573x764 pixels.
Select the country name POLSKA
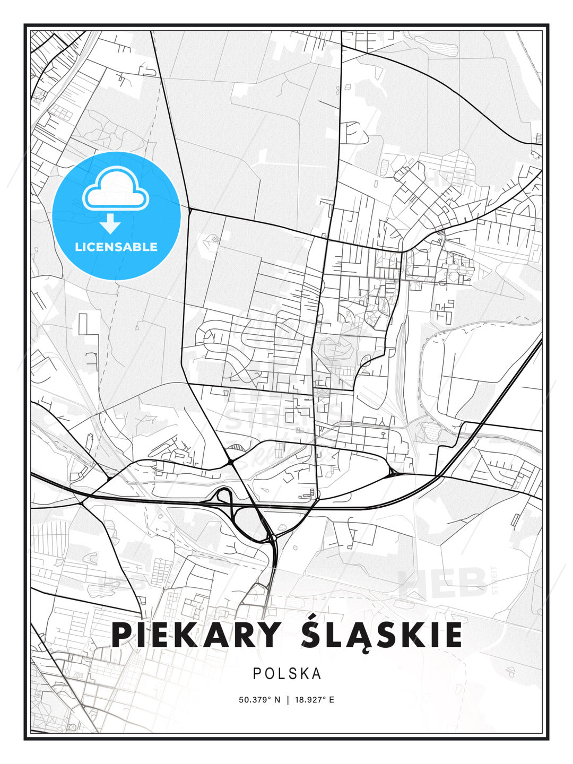287,673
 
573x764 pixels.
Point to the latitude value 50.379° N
259,699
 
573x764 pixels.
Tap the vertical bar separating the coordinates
288,699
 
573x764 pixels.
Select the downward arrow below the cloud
111,224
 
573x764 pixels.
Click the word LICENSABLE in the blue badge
116,247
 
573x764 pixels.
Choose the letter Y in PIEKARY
268,635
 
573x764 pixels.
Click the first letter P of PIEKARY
122,635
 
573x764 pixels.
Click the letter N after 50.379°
276,699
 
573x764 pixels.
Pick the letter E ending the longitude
332,699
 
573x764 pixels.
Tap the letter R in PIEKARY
239,635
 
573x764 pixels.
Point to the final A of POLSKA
317,673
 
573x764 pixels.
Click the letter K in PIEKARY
183,635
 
